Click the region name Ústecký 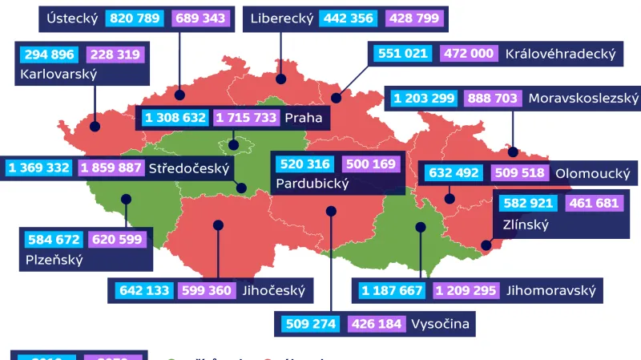(x=72, y=18)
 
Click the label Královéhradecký (x=560, y=54)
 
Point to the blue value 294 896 (x=45, y=55)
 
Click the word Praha (x=303, y=118)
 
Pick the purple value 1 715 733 (x=246, y=118)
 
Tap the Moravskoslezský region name (x=583, y=99)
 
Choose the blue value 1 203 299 (x=425, y=99)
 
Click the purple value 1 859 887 (x=111, y=168)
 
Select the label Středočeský (x=188, y=168)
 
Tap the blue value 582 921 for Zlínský (x=530, y=204)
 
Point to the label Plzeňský (x=54, y=259)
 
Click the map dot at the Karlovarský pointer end (x=95, y=126)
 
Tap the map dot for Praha (x=233, y=145)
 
